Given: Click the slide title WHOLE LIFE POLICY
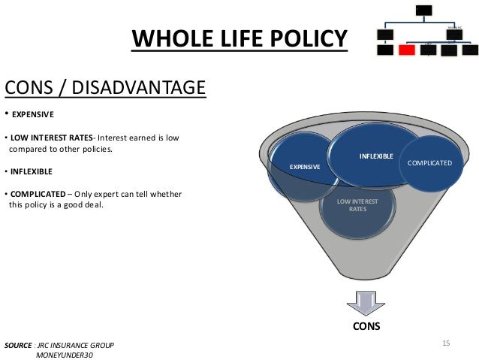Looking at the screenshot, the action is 239,38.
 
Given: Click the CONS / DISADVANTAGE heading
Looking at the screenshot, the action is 104,88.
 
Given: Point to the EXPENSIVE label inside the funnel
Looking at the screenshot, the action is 306,166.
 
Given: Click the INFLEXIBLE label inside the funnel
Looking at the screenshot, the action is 377,156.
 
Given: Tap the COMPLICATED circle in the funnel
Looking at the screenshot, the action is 429,162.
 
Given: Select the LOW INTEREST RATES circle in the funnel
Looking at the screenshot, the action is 357,205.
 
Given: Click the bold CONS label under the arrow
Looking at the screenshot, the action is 367,327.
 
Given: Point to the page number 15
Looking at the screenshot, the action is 446,343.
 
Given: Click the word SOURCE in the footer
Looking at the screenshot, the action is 19,345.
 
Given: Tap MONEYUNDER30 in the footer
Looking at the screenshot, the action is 65,355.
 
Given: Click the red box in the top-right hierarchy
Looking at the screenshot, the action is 407,50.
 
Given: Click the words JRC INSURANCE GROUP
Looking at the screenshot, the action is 79,345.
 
